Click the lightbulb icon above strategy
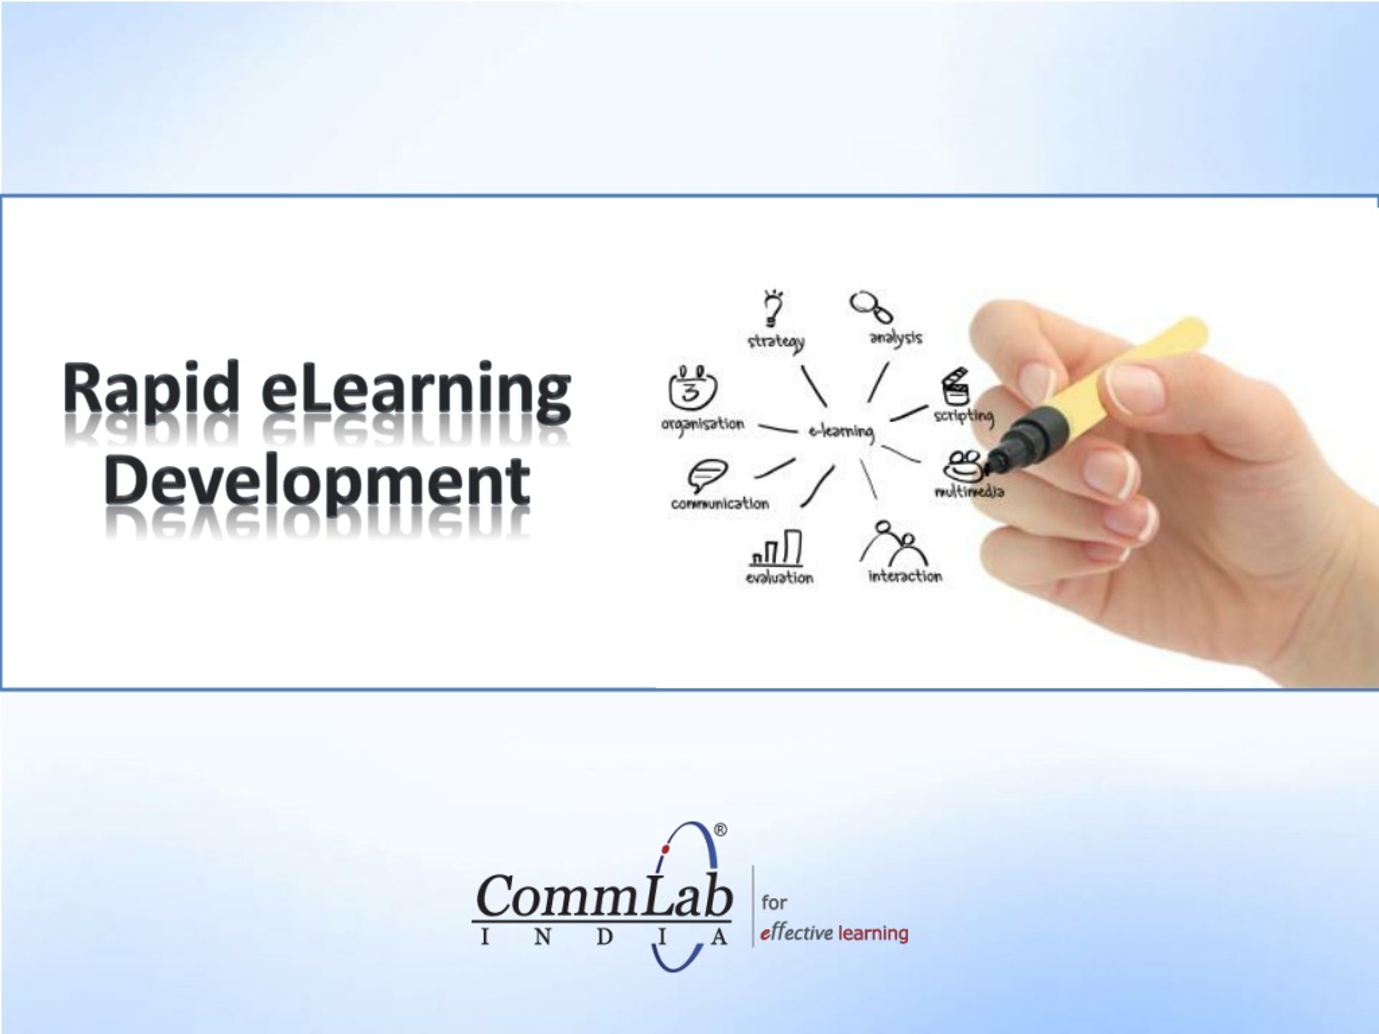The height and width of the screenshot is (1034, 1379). (x=773, y=308)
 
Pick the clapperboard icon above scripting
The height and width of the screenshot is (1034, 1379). (x=955, y=387)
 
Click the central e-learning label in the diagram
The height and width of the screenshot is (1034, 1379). (x=841, y=431)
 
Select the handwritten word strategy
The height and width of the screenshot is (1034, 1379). (x=776, y=341)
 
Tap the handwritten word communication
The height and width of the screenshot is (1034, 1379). (x=720, y=504)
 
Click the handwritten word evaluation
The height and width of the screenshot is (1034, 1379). (x=779, y=578)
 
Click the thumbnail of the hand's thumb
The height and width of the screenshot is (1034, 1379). (x=1135, y=387)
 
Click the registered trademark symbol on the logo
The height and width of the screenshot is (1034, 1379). (x=720, y=829)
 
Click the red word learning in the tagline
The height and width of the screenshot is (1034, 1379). (x=873, y=933)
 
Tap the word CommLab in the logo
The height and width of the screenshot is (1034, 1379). (x=603, y=896)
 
